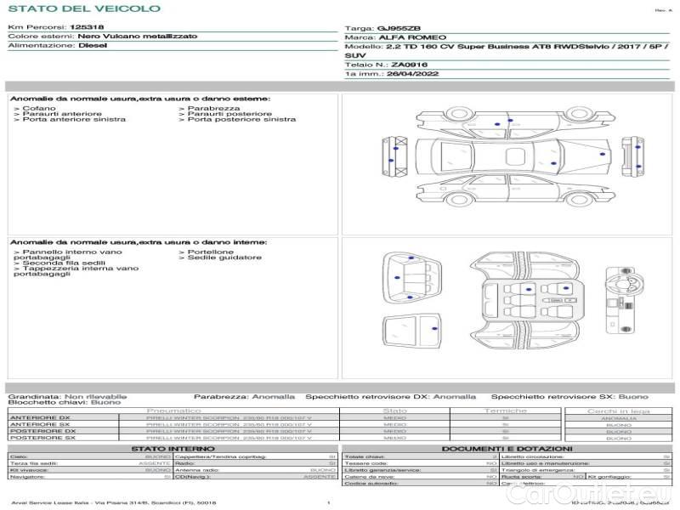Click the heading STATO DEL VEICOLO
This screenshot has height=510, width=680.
[x=83, y=8]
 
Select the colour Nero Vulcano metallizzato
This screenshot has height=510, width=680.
[x=137, y=37]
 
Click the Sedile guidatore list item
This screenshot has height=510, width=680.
[x=223, y=258]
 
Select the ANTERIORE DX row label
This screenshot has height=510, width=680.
[x=40, y=418]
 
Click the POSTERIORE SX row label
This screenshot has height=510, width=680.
[x=41, y=438]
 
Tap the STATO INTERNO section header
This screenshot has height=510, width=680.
[x=173, y=449]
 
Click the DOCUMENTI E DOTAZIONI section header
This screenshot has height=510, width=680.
[x=507, y=449]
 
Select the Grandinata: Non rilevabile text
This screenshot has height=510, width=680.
[x=67, y=396]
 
